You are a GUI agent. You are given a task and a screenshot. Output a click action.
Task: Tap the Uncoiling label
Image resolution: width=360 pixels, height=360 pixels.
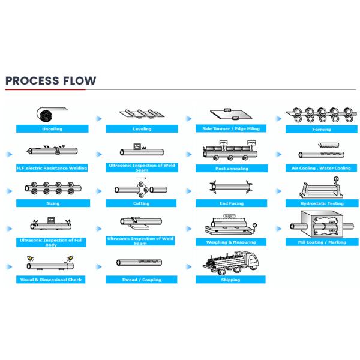point(52,129)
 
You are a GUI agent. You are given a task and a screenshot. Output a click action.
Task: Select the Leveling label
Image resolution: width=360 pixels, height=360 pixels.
point(142,129)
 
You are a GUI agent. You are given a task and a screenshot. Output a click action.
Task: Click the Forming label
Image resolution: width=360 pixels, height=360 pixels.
point(322,129)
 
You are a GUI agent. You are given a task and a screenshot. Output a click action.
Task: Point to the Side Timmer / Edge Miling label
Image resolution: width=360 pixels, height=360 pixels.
point(232,128)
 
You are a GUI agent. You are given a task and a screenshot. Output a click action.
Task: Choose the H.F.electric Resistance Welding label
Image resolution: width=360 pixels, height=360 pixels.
point(52,168)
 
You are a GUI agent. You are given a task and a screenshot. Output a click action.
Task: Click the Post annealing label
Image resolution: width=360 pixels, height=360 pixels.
point(232,169)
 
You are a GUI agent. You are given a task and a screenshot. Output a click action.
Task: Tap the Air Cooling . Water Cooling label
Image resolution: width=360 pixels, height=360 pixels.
point(322,168)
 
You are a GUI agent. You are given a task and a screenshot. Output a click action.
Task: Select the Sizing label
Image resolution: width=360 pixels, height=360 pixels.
point(52,203)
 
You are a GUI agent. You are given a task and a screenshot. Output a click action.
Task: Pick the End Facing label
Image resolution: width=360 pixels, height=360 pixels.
point(232,203)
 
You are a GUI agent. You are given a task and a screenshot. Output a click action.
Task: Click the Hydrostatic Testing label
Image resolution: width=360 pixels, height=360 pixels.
point(322,203)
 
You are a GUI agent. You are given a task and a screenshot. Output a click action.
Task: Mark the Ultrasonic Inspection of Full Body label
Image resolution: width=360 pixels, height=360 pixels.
point(52,241)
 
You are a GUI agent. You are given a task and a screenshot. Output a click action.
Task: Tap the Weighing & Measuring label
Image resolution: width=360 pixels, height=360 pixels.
point(232,242)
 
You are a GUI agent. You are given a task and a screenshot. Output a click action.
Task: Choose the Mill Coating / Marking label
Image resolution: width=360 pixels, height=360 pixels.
point(322,242)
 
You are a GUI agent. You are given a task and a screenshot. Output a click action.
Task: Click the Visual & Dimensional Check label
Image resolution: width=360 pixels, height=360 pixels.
point(52,280)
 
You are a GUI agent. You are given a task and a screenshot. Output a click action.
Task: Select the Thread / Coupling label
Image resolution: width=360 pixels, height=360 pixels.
point(142,280)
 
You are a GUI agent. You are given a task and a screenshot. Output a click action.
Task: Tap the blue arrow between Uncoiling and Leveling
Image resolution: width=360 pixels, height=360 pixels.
point(99,119)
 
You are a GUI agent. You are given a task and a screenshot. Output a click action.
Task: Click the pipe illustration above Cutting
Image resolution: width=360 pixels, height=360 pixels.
point(142,190)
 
